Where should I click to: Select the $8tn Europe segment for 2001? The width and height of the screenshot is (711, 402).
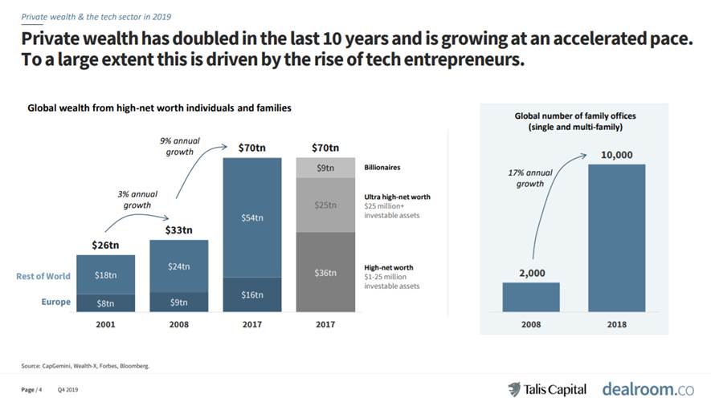point(105,302)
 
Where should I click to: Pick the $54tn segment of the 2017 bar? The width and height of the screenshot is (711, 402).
point(251,217)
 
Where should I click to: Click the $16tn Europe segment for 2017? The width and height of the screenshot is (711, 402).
point(251,294)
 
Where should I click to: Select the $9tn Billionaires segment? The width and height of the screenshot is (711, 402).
point(325,168)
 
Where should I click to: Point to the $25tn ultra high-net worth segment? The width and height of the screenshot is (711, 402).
point(325,205)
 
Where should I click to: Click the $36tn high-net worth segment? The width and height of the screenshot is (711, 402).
point(325,272)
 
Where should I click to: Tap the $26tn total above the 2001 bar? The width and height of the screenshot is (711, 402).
point(105,245)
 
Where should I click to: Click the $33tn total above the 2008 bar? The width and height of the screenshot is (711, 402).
point(178,230)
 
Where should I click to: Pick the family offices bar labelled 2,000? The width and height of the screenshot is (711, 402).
point(530,296)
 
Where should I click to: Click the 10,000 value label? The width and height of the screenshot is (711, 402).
point(617,154)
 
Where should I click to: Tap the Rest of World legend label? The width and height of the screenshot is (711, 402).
point(43,276)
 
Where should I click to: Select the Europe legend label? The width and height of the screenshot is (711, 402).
point(56,303)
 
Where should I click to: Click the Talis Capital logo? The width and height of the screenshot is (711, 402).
point(549,388)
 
